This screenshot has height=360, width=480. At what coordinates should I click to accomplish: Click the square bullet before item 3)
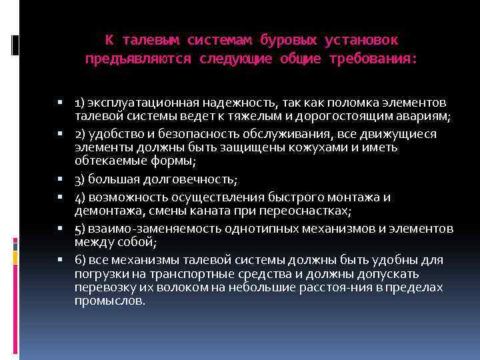click(59, 179)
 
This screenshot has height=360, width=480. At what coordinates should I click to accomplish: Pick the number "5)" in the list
click(80, 229)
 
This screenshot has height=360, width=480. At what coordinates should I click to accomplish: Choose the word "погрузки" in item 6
click(100, 274)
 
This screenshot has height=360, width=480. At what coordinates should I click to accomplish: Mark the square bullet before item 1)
click(59, 103)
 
